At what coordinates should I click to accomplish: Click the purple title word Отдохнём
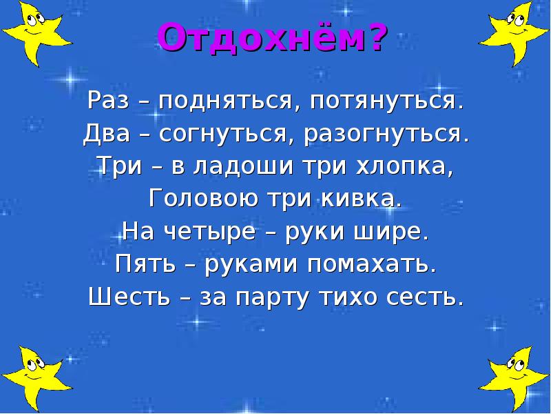(x=264, y=39)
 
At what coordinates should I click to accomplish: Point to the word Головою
(x=200, y=199)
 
